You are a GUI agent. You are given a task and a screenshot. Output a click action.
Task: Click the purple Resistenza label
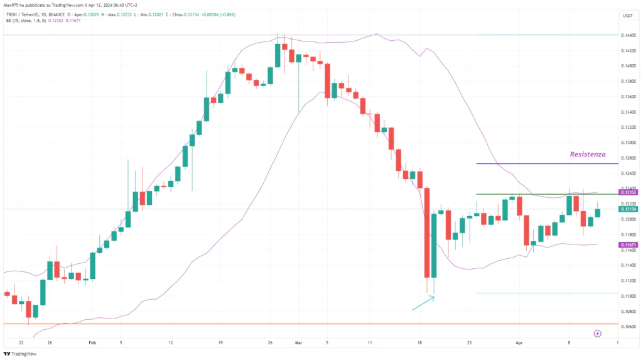click(x=588, y=154)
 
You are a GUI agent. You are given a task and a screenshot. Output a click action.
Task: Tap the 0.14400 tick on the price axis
click(x=628, y=35)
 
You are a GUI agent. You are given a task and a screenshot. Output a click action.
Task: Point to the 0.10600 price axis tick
click(x=628, y=327)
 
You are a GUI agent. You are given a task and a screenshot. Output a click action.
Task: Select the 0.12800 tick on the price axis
click(x=628, y=158)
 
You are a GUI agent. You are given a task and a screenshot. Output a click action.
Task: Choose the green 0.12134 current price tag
click(x=629, y=209)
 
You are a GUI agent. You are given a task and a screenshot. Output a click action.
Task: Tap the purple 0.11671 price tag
click(x=629, y=244)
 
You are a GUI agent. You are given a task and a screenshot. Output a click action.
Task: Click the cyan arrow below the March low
click(x=423, y=303)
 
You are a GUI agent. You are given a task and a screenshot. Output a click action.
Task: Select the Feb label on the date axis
click(x=92, y=343)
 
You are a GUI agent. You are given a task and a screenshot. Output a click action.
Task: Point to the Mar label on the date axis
click(x=298, y=343)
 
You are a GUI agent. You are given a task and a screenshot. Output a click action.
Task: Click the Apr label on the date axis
click(x=518, y=343)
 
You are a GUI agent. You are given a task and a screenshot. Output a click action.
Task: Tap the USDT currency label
click(x=627, y=15)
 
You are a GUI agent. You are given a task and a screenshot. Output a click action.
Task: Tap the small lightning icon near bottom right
click(x=597, y=332)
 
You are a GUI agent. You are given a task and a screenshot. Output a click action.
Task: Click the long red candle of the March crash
click(x=427, y=232)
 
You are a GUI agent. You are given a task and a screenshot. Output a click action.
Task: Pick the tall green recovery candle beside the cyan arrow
click(x=434, y=245)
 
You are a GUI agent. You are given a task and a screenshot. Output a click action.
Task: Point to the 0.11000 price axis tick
click(x=628, y=296)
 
